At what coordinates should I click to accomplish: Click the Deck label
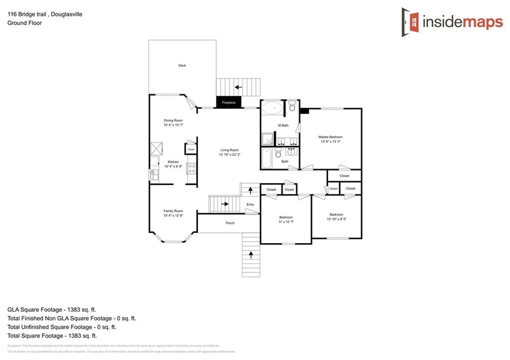[182, 65]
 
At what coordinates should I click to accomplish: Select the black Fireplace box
[229, 103]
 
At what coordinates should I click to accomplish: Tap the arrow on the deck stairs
[239, 87]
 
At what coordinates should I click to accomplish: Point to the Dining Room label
[173, 120]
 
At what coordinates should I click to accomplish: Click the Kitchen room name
[173, 162]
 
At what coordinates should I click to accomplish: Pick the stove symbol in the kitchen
[192, 168]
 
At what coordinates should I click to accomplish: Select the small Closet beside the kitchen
[191, 149]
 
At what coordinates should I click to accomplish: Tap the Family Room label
[173, 211]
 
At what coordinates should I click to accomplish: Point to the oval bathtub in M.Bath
[272, 108]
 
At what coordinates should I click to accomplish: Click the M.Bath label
[283, 125]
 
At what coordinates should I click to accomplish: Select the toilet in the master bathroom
[292, 106]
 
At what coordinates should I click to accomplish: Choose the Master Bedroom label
[330, 137]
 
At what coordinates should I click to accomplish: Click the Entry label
[250, 205]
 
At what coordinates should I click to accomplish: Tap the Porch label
[230, 223]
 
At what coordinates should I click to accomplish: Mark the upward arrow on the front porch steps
[251, 255]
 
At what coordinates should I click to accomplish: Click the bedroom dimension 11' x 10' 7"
[286, 222]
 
